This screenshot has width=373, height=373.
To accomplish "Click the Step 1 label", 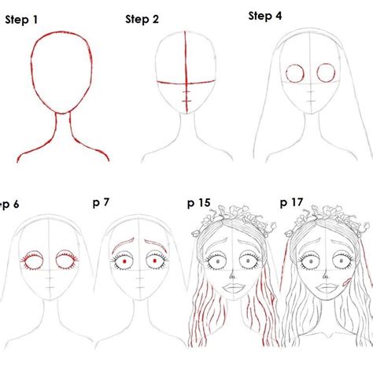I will click(21, 21).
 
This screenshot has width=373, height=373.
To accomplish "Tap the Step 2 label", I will click(142, 20).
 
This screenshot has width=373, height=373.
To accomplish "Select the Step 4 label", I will click(265, 16).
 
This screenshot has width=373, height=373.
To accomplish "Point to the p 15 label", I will click(198, 203).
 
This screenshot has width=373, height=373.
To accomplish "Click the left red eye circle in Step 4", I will click(294, 74).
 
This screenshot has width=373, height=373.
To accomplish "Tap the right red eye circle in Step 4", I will click(325, 74).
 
